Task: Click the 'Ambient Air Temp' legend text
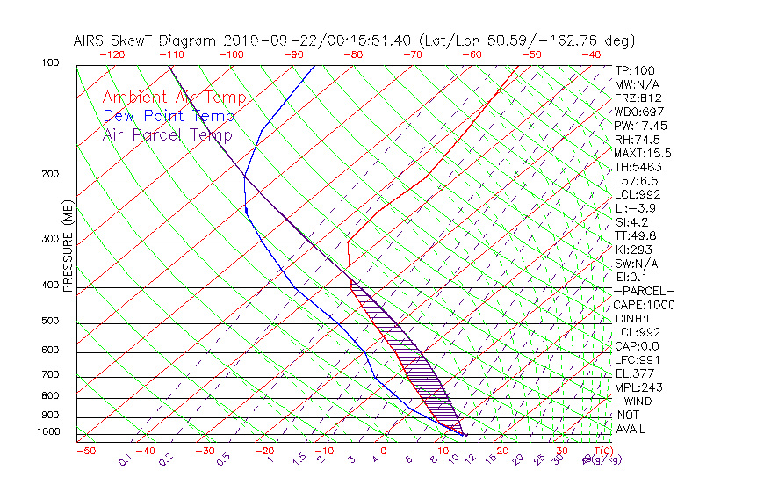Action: [x=174, y=98]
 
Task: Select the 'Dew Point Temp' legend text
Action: [x=169, y=116]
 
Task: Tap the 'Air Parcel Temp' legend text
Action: [x=167, y=134]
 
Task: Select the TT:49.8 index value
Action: [x=637, y=235]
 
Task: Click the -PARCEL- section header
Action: [x=644, y=291]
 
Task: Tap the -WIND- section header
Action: [x=638, y=401]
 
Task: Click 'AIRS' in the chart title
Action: [x=90, y=40]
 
